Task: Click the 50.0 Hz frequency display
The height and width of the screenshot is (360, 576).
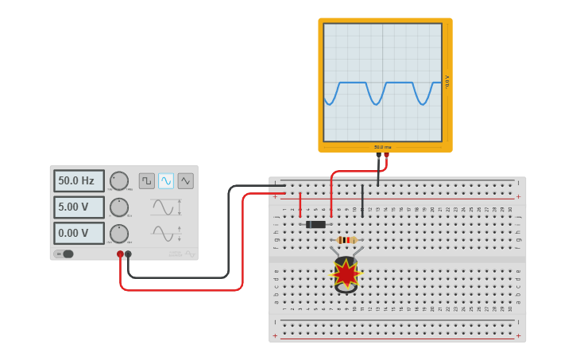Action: (x=79, y=181)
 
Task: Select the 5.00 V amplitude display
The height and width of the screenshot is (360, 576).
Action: (x=79, y=207)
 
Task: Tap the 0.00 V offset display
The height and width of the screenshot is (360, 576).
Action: (x=79, y=234)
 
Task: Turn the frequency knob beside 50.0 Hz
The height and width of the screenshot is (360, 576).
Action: (x=119, y=181)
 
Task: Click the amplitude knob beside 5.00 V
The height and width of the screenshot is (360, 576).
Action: (x=119, y=207)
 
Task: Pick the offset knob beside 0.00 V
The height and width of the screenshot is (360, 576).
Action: (x=119, y=234)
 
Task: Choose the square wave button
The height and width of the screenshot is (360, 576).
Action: (x=147, y=181)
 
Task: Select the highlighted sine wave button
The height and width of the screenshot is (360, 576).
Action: (x=166, y=181)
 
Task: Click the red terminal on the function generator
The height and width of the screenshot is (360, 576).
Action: (x=120, y=254)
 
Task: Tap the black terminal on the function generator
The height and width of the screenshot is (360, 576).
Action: (x=128, y=254)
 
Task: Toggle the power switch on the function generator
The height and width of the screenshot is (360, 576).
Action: (x=64, y=254)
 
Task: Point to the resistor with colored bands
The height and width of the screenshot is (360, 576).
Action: (x=346, y=239)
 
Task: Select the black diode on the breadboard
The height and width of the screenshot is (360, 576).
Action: (x=316, y=224)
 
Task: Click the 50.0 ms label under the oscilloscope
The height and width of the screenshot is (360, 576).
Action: (x=383, y=147)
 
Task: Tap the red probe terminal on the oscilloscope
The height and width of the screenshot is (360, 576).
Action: (x=387, y=156)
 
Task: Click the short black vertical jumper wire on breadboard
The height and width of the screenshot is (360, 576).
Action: (x=362, y=200)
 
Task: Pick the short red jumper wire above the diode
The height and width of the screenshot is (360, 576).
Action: (x=300, y=204)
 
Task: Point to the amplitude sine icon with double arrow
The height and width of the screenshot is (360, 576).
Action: (x=164, y=207)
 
